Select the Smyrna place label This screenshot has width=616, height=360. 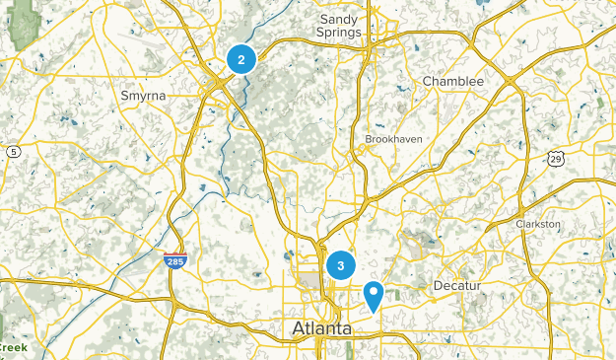pos(142,96)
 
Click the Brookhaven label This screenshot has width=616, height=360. pos(393,139)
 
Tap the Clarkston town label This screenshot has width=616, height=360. pos(538,224)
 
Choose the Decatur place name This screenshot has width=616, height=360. pos(461,285)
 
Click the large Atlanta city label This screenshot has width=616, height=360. pos(322,328)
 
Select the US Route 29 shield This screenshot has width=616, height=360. pos(557,158)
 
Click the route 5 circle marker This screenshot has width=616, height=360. pos(13,151)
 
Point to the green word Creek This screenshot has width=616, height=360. pos(12,347)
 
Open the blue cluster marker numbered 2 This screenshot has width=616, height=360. pos(240,59)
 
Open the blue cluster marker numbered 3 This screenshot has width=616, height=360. pos(341,264)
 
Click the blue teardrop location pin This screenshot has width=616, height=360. pos(374,294)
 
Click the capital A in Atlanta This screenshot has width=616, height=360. pos(299,328)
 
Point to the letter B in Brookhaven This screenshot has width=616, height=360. pos(369,139)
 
